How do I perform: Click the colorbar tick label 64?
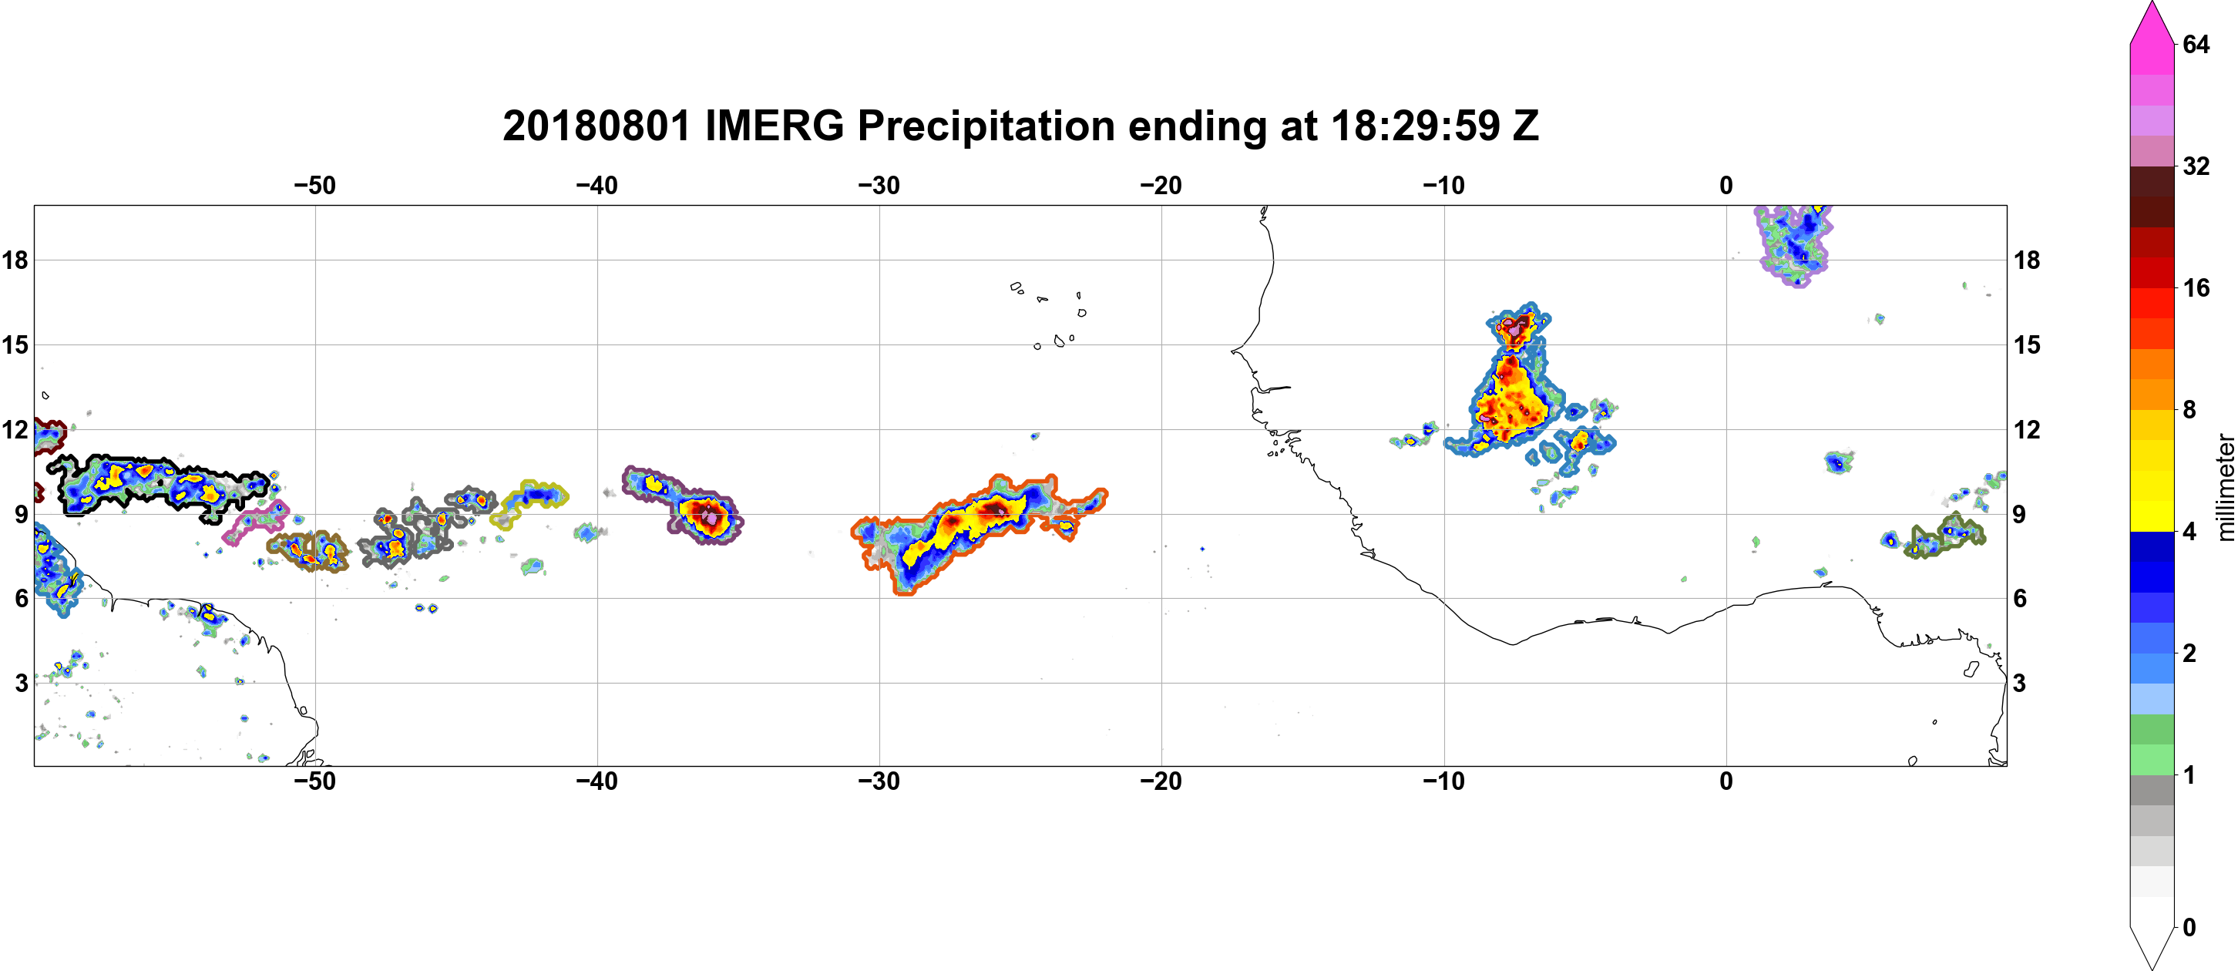pos(2196,44)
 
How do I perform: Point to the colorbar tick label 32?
pos(2196,166)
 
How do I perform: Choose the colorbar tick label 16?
pos(2196,287)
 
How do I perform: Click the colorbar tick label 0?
pos(2189,928)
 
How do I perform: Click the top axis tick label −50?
pos(314,185)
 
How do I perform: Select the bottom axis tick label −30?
pos(879,781)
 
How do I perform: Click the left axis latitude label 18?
pos(15,260)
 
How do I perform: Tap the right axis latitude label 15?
pos(2027,344)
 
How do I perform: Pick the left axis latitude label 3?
pos(22,683)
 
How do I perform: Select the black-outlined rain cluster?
pos(156,485)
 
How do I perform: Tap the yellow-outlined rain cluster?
pos(530,502)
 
